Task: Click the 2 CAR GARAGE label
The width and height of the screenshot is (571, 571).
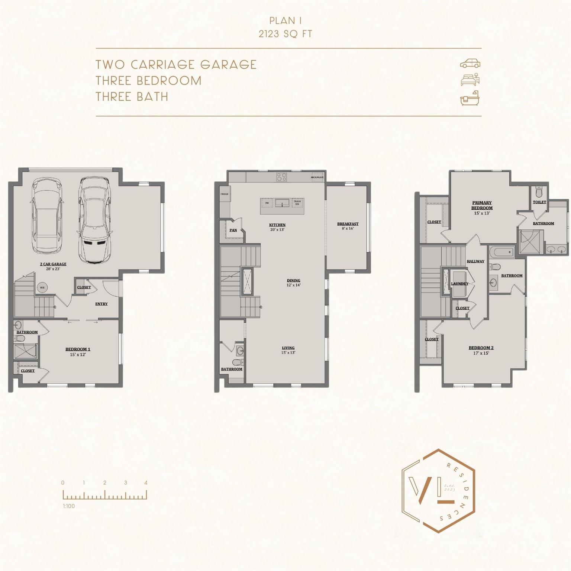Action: pyautogui.click(x=53, y=264)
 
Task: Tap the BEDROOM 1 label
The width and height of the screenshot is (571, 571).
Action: pyautogui.click(x=78, y=349)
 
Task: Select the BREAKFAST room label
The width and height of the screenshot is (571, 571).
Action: pyautogui.click(x=348, y=224)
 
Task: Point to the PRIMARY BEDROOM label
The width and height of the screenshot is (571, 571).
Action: pyautogui.click(x=482, y=205)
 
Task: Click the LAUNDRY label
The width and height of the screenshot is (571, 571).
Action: pyautogui.click(x=459, y=284)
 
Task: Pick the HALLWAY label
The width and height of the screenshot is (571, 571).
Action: pyautogui.click(x=475, y=261)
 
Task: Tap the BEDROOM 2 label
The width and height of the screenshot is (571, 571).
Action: pyautogui.click(x=481, y=348)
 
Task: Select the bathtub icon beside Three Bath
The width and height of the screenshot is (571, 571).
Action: pyautogui.click(x=470, y=98)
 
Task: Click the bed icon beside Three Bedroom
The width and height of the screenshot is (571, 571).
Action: pyautogui.click(x=470, y=80)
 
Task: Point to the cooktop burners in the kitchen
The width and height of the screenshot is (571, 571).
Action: pyautogui.click(x=281, y=177)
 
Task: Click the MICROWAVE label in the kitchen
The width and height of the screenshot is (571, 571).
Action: pyautogui.click(x=317, y=177)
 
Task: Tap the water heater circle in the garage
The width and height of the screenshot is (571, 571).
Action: pyautogui.click(x=42, y=287)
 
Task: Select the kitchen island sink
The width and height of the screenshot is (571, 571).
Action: pyautogui.click(x=282, y=203)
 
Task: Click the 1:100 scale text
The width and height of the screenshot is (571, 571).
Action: pyautogui.click(x=69, y=506)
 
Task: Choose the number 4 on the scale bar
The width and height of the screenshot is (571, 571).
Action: pyautogui.click(x=146, y=483)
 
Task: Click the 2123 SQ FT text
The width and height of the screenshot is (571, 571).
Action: pyautogui.click(x=285, y=34)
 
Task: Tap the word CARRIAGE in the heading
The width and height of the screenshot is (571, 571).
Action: pyautogui.click(x=162, y=65)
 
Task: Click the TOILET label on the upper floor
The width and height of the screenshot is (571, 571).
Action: pyautogui.click(x=539, y=202)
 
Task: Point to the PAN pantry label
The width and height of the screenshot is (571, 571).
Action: pyautogui.click(x=233, y=230)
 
